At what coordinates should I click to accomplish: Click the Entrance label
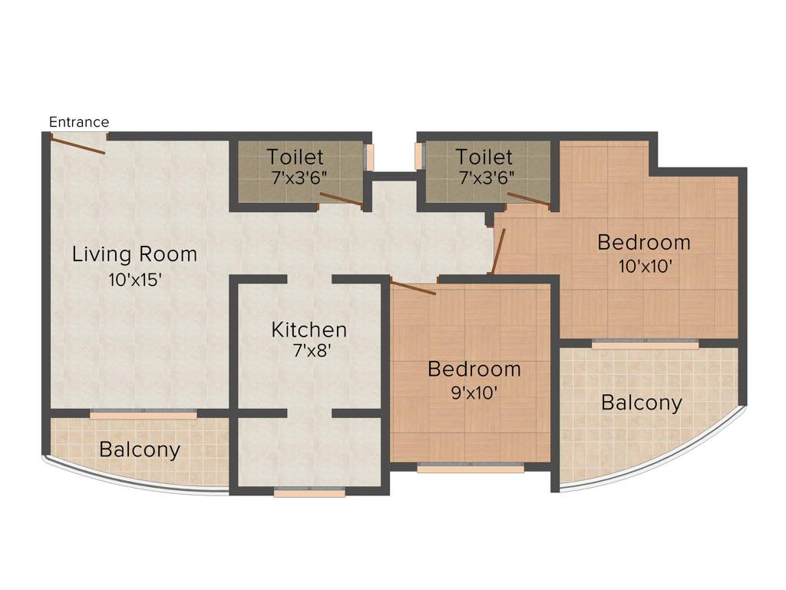79,122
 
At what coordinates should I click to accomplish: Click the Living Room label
134,254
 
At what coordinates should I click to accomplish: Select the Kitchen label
309,330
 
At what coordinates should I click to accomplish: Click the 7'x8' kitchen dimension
309,354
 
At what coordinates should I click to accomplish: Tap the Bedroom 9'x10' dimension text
474,393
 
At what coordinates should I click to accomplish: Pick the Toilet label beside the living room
296,157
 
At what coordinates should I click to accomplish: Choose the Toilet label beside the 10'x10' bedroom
484,157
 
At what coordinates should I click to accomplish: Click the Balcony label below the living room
140,449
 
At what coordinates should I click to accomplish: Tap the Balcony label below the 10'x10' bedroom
642,403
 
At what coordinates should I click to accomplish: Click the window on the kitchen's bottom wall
309,493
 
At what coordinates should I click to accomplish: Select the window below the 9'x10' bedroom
471,466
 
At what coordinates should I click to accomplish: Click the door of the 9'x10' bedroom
414,289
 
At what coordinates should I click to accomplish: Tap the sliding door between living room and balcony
144,414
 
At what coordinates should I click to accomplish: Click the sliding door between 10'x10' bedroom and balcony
646,343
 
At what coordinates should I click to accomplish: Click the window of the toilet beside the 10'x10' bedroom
420,156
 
